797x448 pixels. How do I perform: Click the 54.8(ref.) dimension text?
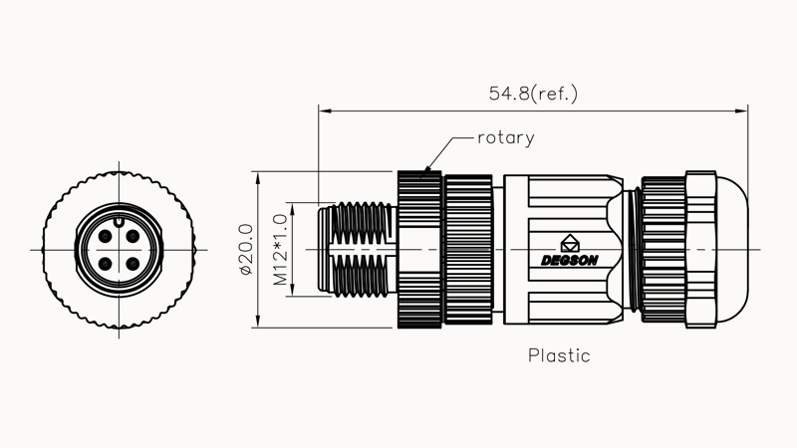click(533, 94)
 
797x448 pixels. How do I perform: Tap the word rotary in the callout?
click(505, 138)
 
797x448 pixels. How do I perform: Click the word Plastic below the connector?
click(559, 355)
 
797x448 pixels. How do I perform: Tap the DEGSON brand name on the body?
click(570, 261)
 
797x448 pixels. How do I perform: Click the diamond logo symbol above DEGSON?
click(570, 242)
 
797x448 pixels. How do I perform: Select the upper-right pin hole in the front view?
click(132, 238)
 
